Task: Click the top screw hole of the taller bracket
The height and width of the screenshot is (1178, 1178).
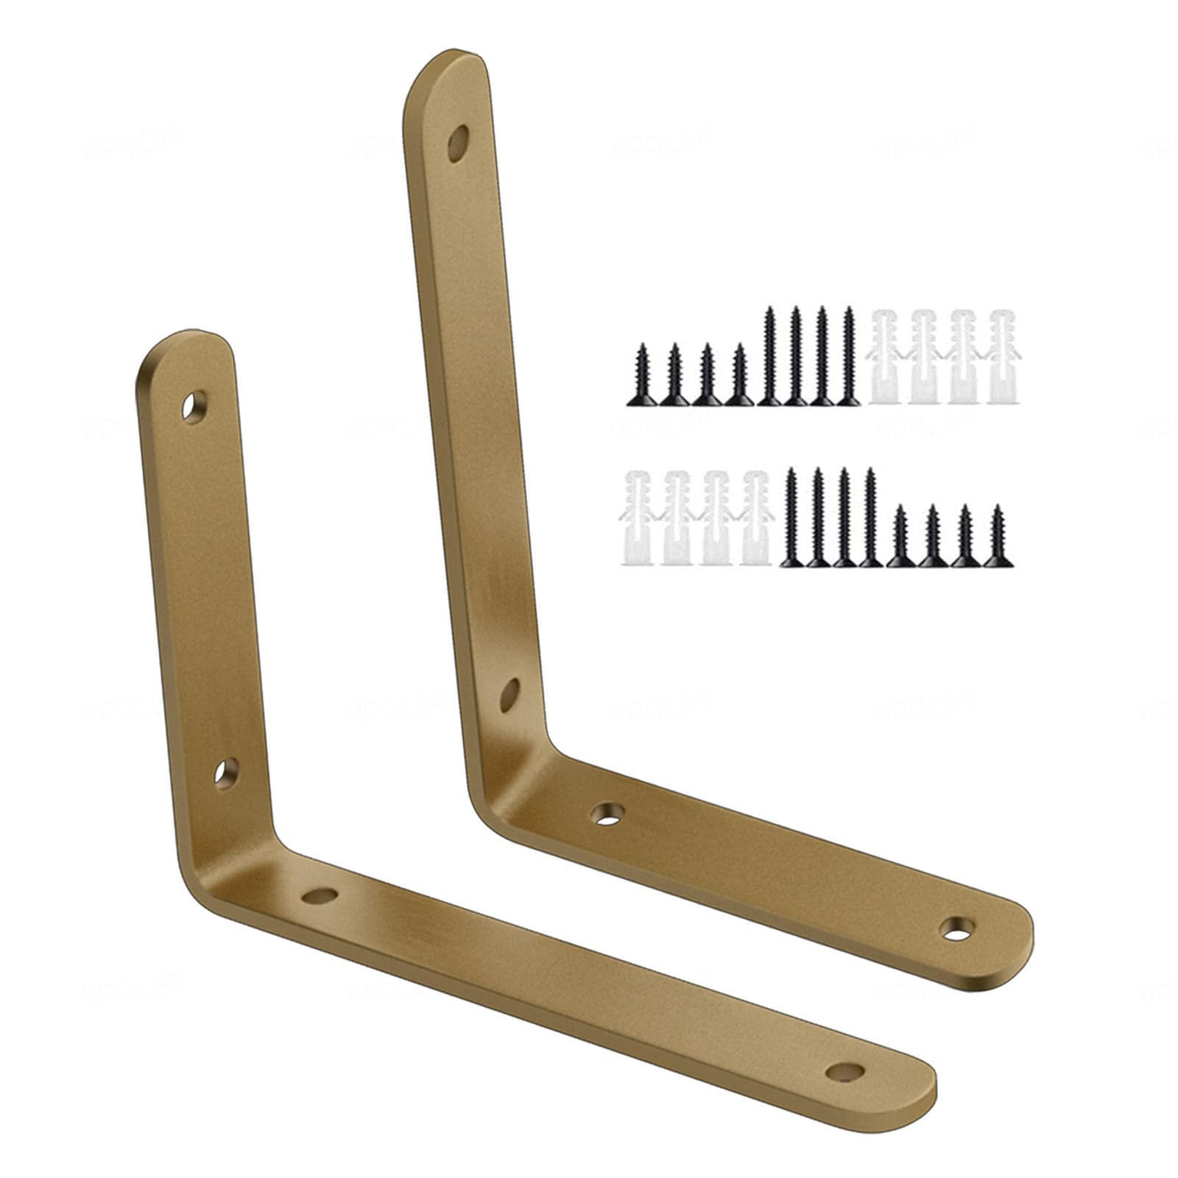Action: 458,143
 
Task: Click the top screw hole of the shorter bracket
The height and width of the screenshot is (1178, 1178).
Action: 194,407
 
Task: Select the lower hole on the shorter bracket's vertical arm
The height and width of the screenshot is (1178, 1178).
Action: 225,774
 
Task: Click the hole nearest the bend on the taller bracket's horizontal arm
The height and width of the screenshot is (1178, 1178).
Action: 608,813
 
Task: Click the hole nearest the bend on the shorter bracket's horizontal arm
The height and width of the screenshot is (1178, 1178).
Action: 320,896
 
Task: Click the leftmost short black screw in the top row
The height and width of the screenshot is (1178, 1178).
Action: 641,375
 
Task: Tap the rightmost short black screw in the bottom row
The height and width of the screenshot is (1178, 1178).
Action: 998,537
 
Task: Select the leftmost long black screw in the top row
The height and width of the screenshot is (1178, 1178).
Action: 769,357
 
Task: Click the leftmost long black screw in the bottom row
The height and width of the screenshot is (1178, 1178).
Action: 791,519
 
